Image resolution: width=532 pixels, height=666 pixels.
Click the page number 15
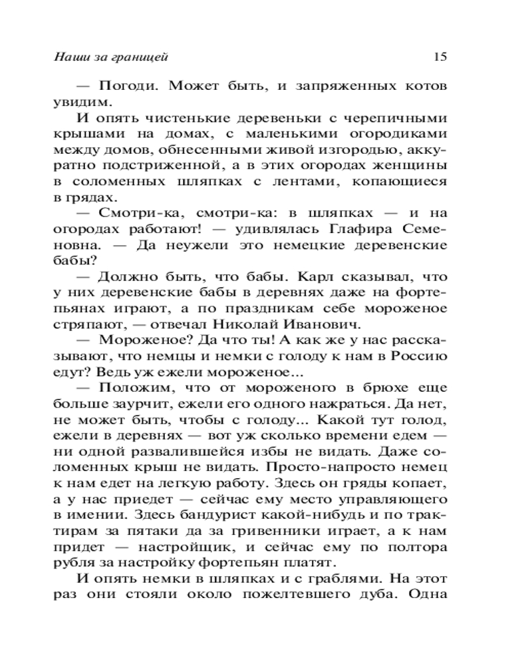(x=440, y=57)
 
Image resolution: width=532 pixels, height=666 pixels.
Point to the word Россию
(x=418, y=356)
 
